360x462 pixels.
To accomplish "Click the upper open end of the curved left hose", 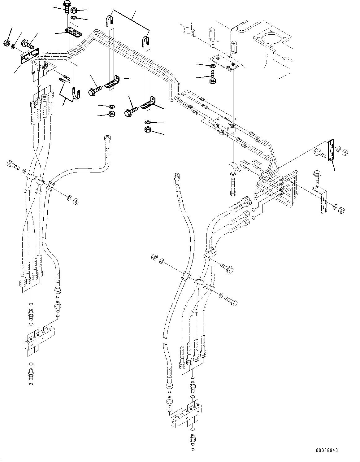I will coord(107,138).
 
